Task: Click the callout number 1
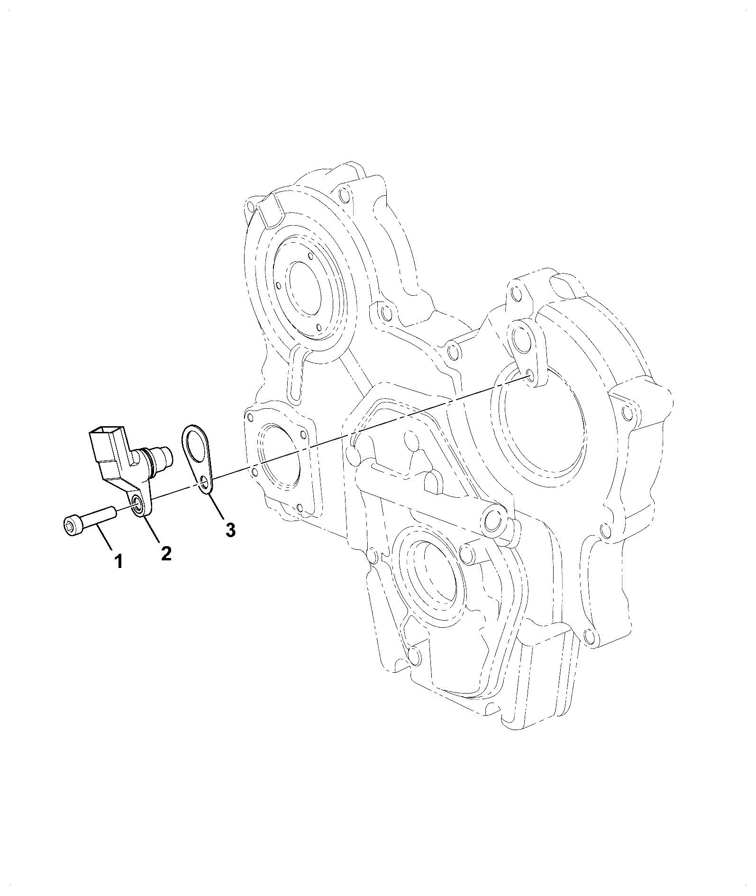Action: tap(118, 562)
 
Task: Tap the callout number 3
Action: tap(230, 530)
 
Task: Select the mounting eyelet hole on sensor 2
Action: tap(138, 504)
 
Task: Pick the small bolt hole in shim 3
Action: tap(204, 484)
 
